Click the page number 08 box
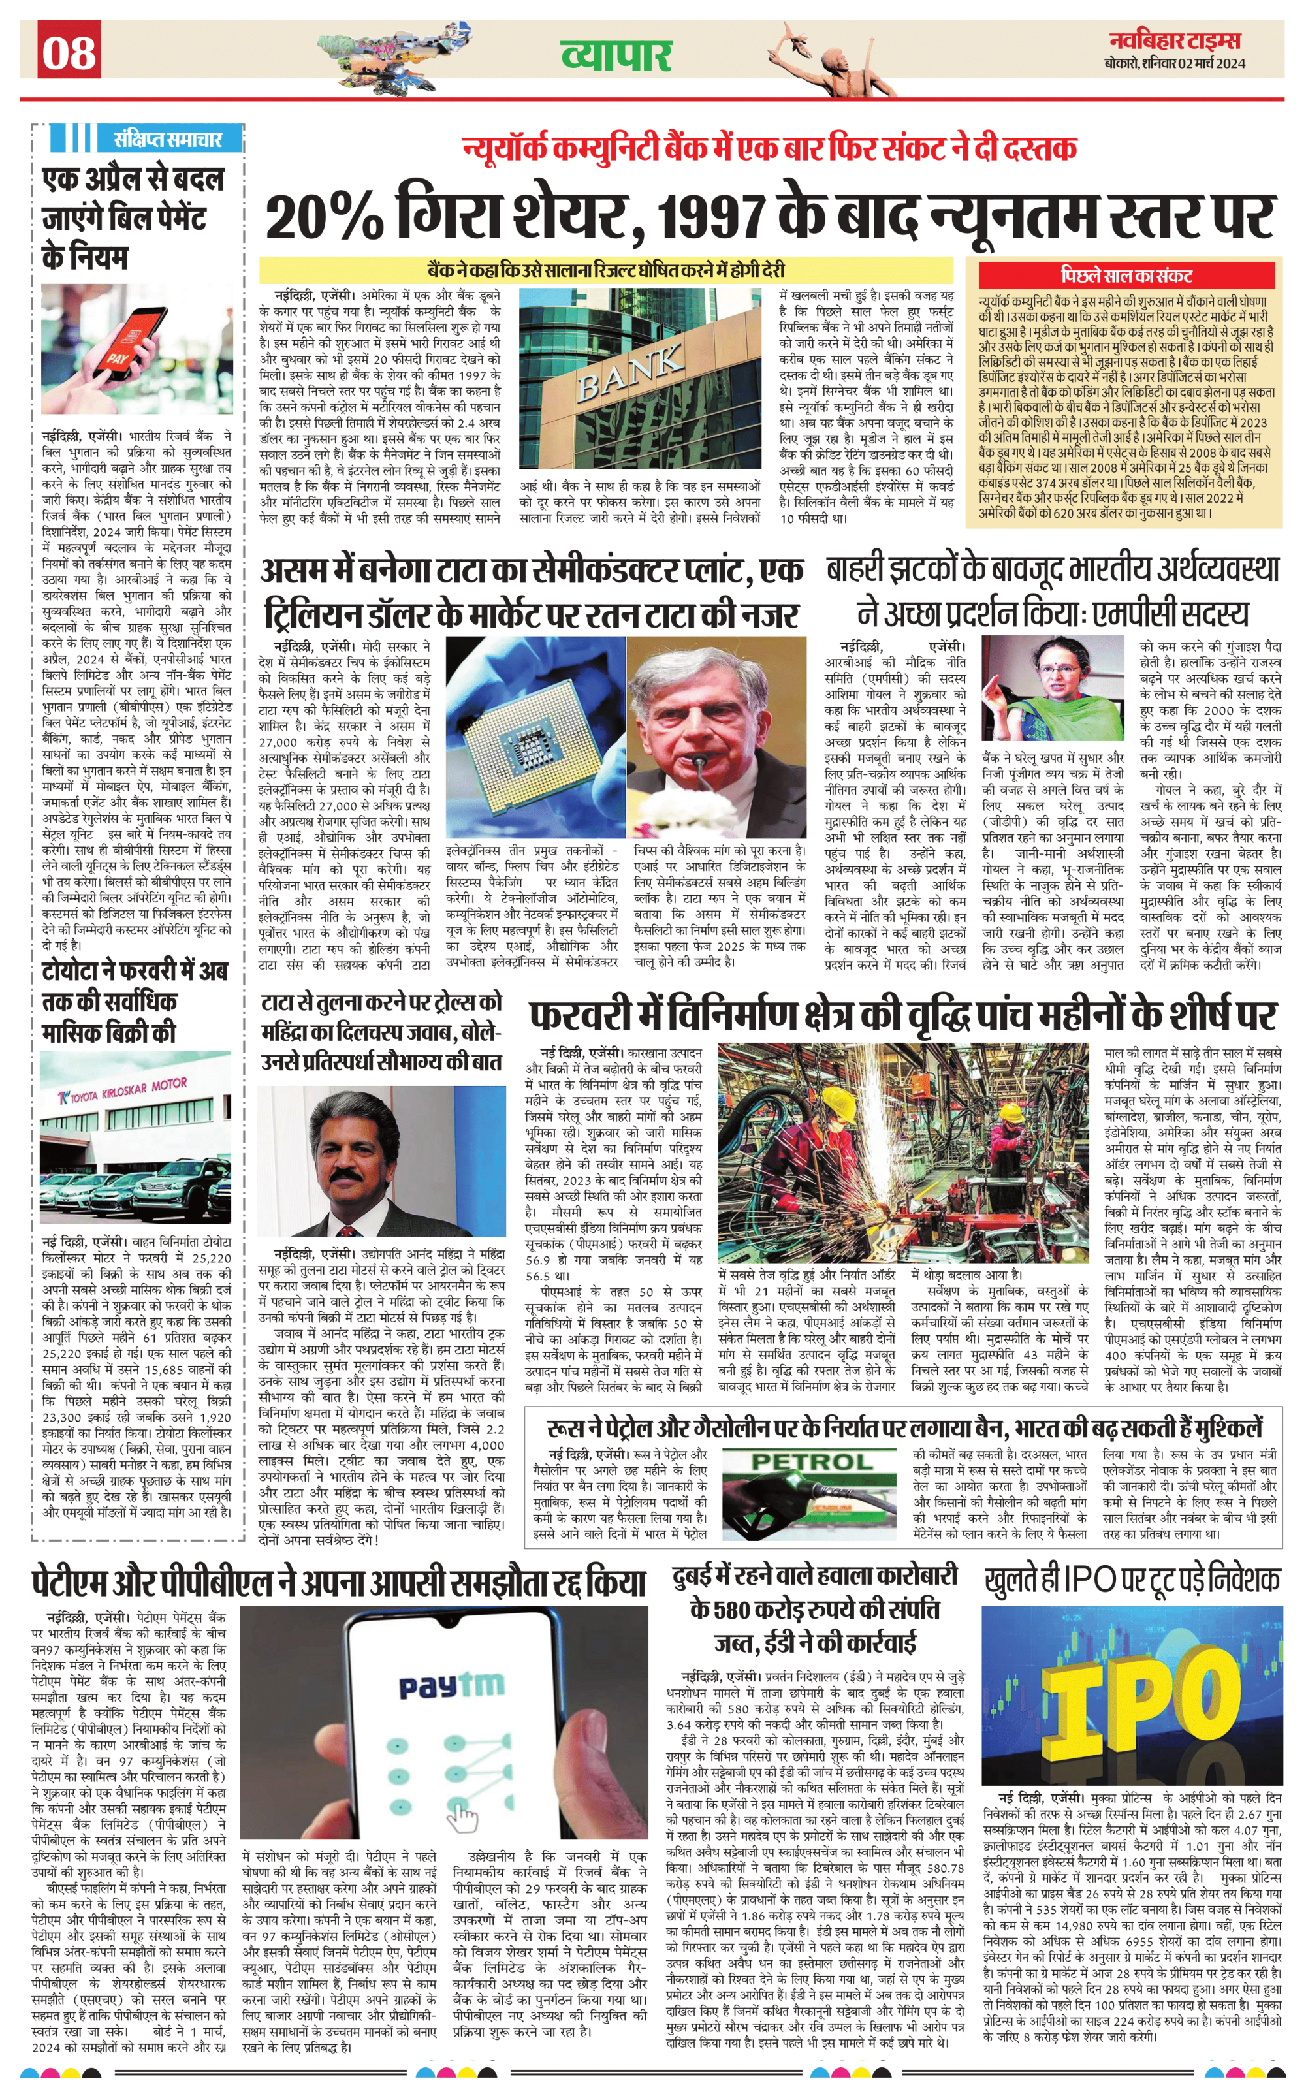click(x=69, y=51)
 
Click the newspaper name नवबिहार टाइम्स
click(x=1175, y=40)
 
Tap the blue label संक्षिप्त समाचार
click(x=168, y=139)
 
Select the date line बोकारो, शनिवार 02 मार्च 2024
click(x=1175, y=63)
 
